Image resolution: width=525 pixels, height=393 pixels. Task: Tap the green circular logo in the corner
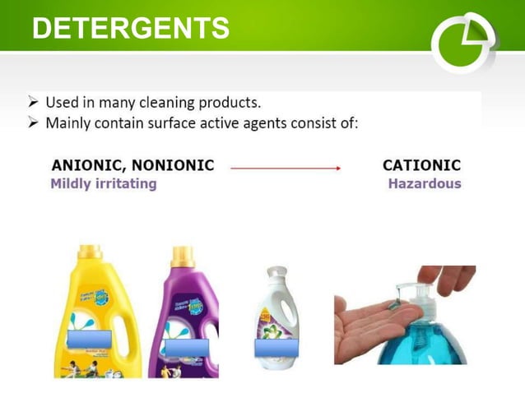point(464,42)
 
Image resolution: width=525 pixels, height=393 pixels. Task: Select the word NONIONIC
point(174,165)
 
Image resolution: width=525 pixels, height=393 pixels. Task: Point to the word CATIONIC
point(421,165)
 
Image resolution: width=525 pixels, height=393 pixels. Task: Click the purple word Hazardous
point(425,183)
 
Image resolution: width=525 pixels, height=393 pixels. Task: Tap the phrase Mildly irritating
point(104,183)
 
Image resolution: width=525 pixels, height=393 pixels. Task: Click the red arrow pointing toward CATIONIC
point(285,168)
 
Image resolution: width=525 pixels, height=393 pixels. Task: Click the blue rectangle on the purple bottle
point(187,347)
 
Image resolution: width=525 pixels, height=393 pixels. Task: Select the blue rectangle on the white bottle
point(272,347)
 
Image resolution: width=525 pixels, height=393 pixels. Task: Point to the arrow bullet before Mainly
point(34,123)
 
